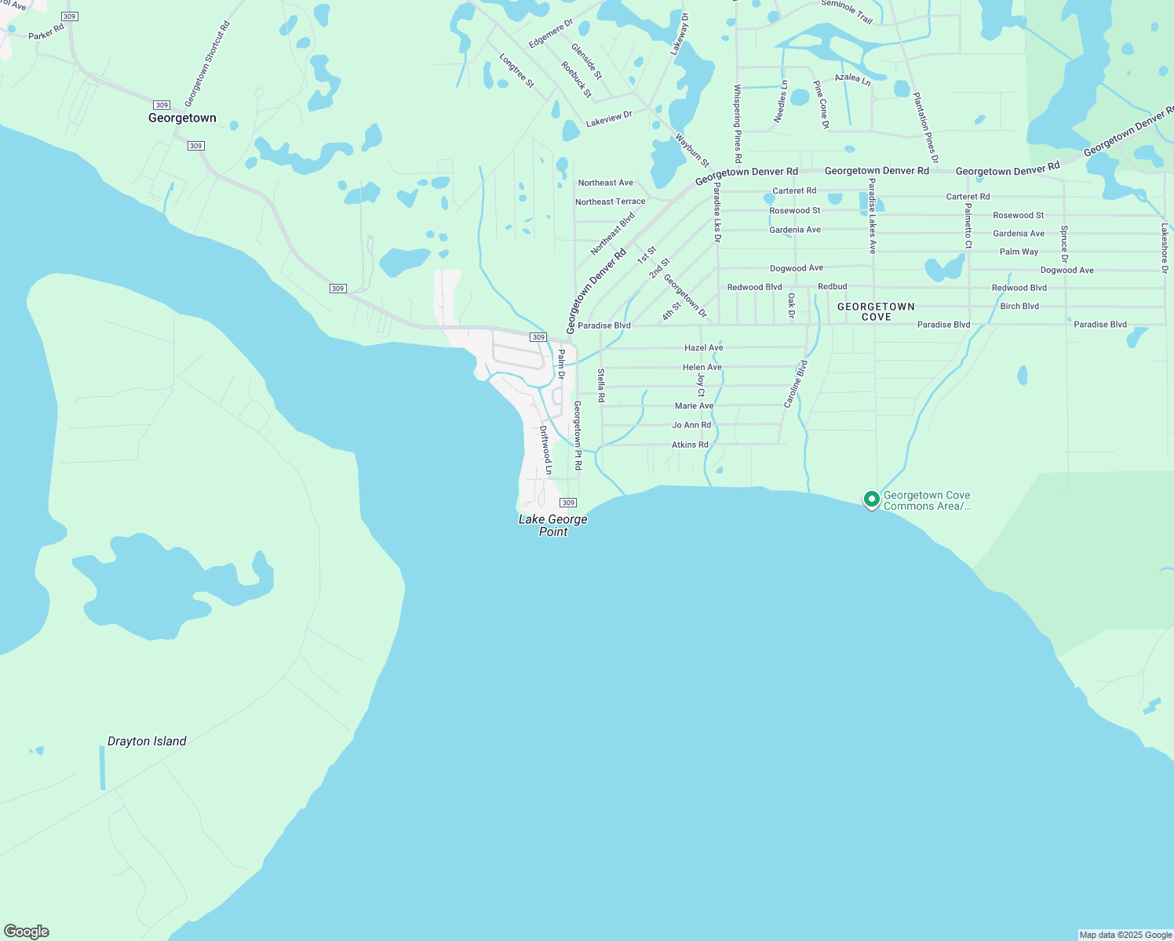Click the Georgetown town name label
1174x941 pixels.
click(x=182, y=118)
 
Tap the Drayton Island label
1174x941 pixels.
click(x=147, y=741)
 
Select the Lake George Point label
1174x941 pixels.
click(x=552, y=525)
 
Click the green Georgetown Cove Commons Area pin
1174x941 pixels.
click(x=871, y=499)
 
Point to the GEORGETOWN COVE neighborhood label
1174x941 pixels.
click(x=876, y=311)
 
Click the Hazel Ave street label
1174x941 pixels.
click(x=703, y=347)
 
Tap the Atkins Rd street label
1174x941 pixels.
click(x=690, y=445)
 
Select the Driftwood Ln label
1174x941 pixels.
click(x=546, y=451)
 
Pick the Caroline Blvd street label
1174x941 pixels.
click(x=796, y=384)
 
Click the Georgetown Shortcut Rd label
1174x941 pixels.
click(x=207, y=64)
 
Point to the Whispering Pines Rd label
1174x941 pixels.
click(x=737, y=123)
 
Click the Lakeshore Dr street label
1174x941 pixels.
click(x=1165, y=248)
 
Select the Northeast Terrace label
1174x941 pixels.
click(x=610, y=202)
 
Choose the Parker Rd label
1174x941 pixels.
click(x=46, y=32)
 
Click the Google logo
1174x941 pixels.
click(x=26, y=932)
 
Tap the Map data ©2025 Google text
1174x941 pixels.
click(x=1125, y=935)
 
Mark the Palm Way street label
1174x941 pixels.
click(x=1019, y=252)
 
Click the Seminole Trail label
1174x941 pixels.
click(x=847, y=12)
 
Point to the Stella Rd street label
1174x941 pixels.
click(x=601, y=386)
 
